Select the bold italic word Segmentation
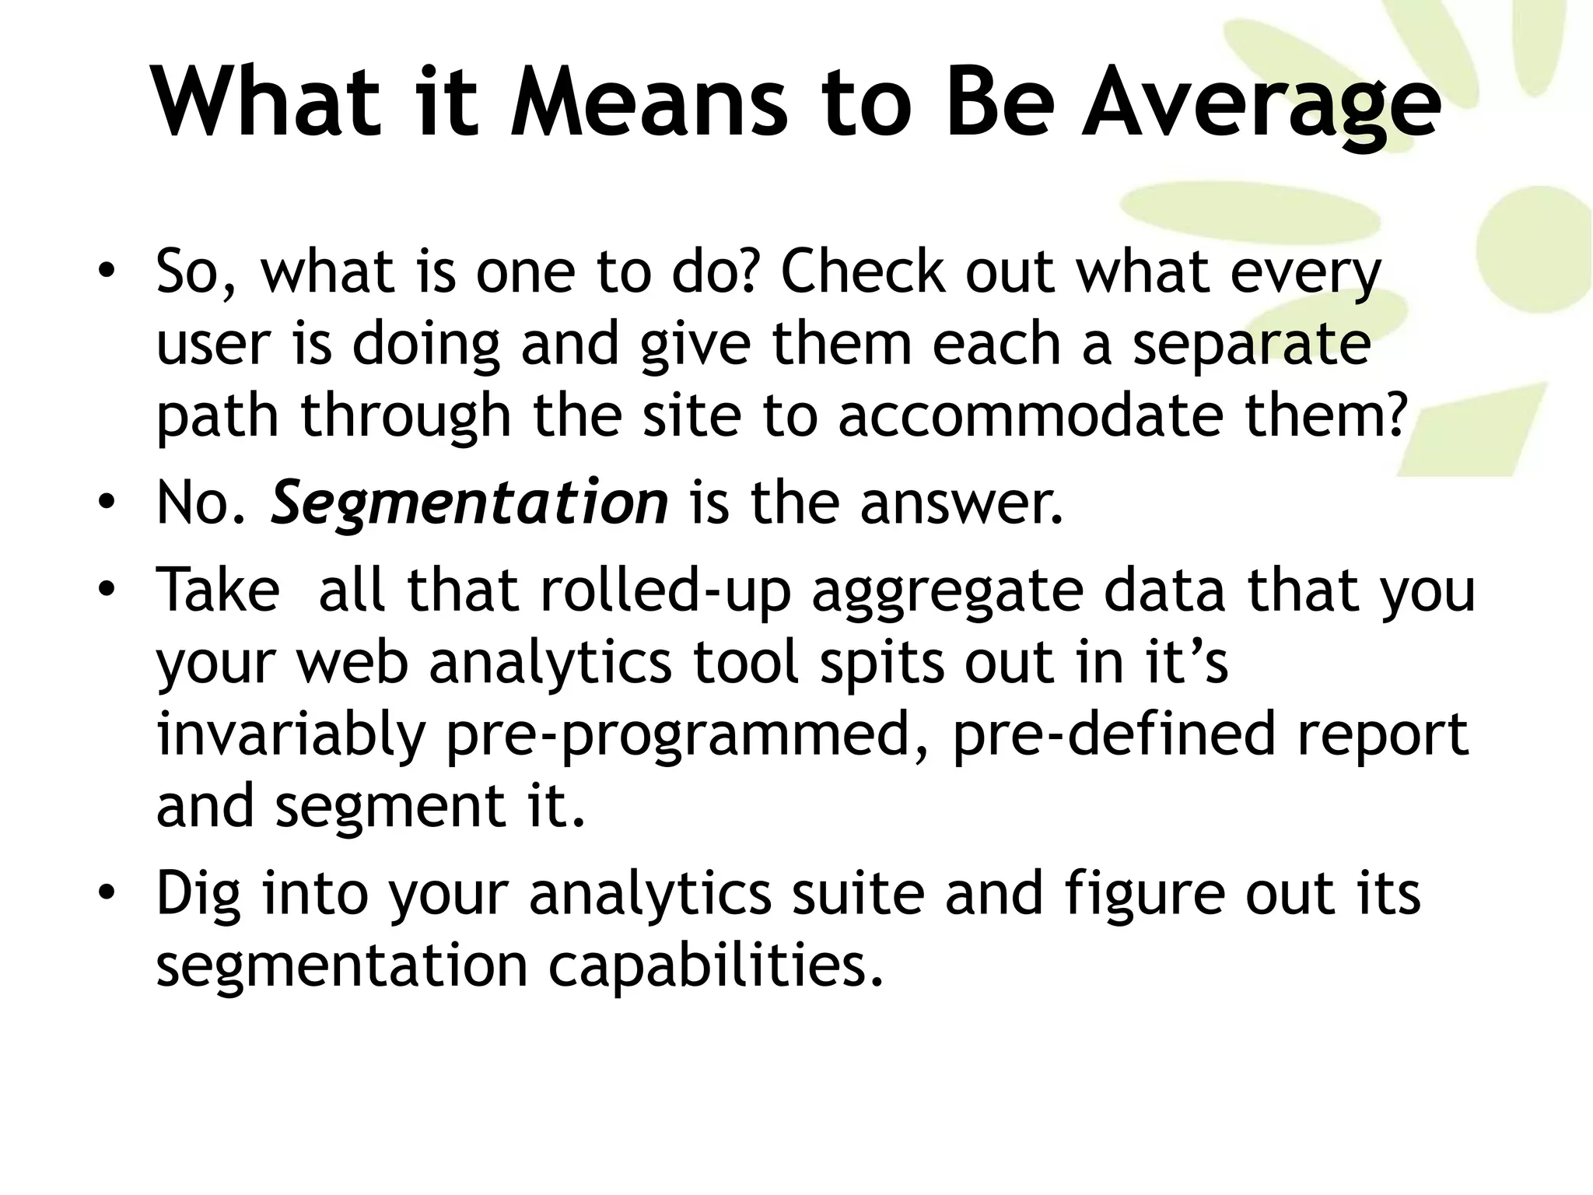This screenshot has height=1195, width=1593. coord(469,503)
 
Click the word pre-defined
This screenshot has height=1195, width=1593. coord(1114,734)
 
